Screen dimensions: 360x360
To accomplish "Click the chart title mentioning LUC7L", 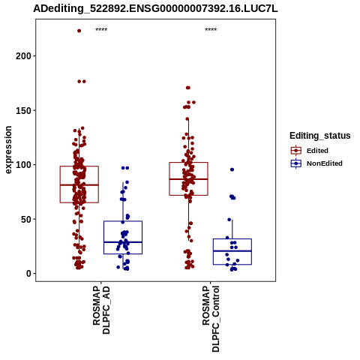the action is (x=155, y=8).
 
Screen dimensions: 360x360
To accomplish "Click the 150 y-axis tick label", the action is (x=24, y=110).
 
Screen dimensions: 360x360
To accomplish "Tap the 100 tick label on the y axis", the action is (x=24, y=165).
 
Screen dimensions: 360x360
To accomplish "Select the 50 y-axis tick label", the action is (x=26, y=219).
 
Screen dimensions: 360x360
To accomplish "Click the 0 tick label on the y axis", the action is (x=29, y=274).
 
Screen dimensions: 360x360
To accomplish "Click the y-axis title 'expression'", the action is (x=8, y=150).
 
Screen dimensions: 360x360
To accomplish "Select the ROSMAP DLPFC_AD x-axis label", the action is (x=101, y=310).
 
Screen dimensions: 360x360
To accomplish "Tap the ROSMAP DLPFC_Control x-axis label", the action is (x=211, y=319).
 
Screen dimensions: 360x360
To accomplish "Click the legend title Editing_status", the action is (x=320, y=136).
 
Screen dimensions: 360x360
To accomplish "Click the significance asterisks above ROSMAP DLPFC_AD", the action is (x=101, y=30).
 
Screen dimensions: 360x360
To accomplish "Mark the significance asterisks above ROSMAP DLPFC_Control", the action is (x=211, y=30).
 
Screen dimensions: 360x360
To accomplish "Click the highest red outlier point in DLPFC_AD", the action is (x=79, y=31).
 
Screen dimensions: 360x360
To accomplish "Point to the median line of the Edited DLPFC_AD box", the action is (x=79, y=185).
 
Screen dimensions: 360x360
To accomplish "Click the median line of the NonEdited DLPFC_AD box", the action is (x=123, y=242).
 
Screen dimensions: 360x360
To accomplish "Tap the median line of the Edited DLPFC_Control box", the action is (x=188, y=179).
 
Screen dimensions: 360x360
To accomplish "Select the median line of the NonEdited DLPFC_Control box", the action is (x=232, y=250).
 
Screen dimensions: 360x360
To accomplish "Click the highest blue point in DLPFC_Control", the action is (x=232, y=169).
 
